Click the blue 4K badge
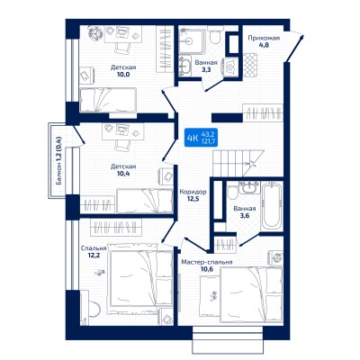pos(201,138)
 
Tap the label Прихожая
pos(264,38)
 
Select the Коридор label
pos(193,192)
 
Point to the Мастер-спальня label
pos(207,262)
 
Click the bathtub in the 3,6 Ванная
pos(272,207)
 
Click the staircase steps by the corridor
pos(238,163)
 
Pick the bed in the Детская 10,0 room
pos(108,100)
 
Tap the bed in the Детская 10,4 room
pos(145,201)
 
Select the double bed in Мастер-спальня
pos(251,295)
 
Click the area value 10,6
pos(207,269)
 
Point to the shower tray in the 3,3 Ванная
pos(192,40)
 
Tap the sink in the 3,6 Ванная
pos(248,187)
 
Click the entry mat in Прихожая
pos(250,65)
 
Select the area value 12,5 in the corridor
pos(193,198)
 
